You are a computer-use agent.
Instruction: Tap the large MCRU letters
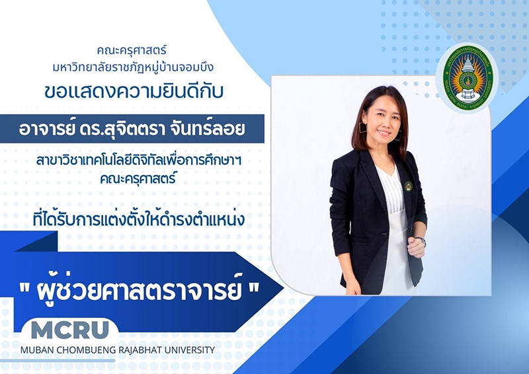pos(70,330)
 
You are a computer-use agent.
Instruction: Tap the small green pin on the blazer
pos(409,186)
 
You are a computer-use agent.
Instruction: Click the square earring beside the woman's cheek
pos(363,128)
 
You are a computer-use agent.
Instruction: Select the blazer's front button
pos(384,233)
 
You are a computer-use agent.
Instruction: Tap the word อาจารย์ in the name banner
pos(46,129)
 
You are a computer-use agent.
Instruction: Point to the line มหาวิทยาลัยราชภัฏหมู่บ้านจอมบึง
pos(133,68)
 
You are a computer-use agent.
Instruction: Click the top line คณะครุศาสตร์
pos(132,51)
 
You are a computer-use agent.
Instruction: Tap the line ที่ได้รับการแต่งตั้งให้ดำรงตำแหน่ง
pos(139,219)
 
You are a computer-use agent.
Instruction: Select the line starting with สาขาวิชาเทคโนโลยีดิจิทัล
pos(139,161)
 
